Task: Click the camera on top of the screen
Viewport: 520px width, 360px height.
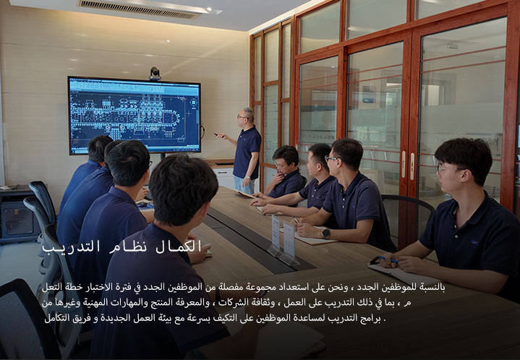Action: click(x=155, y=74)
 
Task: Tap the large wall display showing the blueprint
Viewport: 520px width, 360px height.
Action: click(x=135, y=116)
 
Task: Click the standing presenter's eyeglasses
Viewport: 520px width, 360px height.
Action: click(x=242, y=116)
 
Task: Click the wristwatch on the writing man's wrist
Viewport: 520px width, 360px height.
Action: click(x=325, y=233)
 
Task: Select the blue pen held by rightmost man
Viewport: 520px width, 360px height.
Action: click(x=388, y=259)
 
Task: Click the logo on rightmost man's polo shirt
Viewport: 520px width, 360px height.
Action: click(x=474, y=243)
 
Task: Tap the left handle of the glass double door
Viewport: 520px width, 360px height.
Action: click(x=404, y=164)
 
